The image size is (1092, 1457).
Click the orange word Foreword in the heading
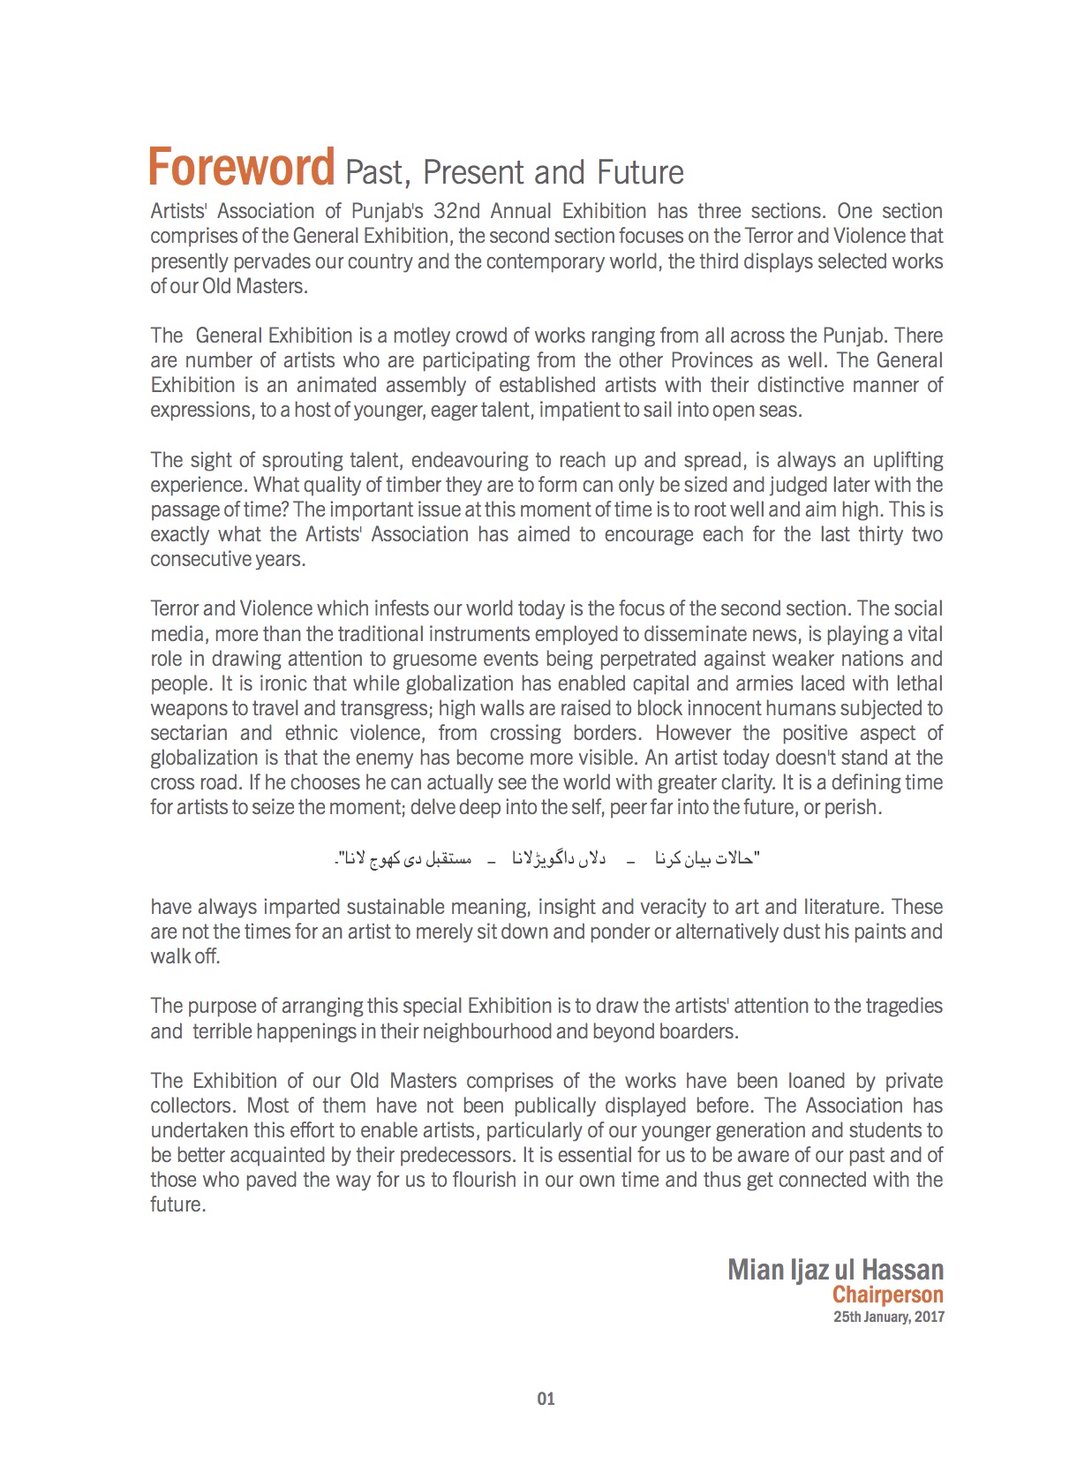click(241, 168)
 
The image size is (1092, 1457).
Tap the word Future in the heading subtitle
click(640, 172)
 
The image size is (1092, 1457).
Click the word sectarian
click(189, 733)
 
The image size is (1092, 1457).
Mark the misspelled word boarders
click(702, 1031)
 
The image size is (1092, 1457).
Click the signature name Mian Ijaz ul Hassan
click(835, 1270)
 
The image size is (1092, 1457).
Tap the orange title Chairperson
click(887, 1295)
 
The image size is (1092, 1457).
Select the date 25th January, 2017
click(888, 1317)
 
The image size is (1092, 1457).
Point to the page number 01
click(546, 1399)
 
